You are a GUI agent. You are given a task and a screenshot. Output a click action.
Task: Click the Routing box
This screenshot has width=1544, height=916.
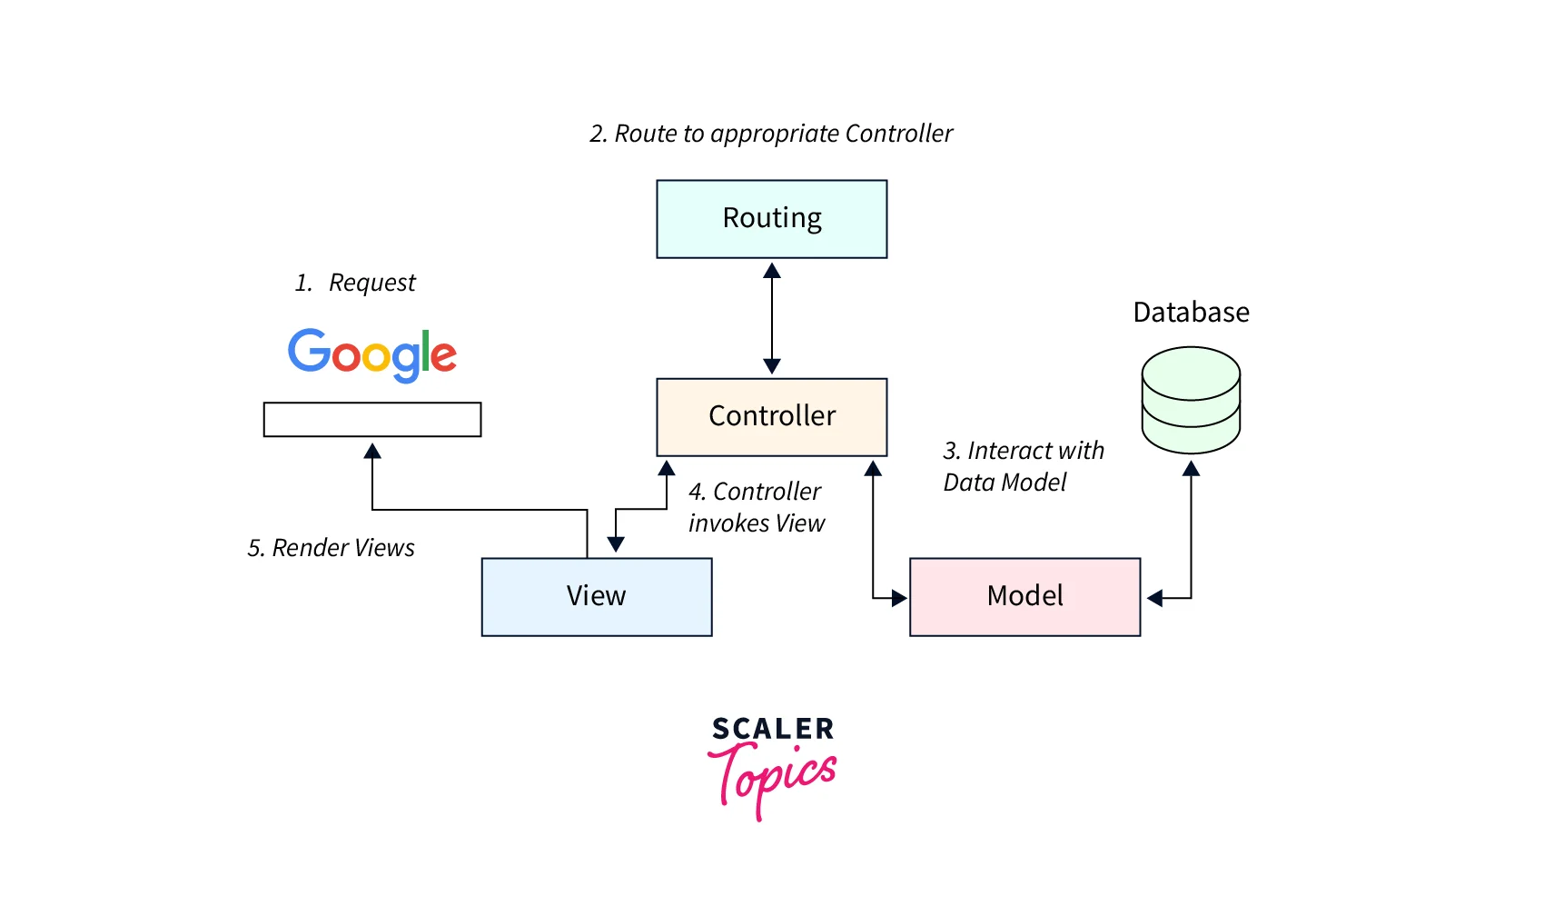pyautogui.click(x=772, y=219)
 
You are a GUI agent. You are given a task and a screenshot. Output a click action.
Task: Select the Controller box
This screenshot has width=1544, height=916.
pyautogui.click(x=772, y=417)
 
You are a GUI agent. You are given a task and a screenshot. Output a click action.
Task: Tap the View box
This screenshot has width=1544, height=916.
pyautogui.click(x=597, y=597)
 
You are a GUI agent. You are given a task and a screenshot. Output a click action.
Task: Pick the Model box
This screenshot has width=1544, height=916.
pyautogui.click(x=1024, y=597)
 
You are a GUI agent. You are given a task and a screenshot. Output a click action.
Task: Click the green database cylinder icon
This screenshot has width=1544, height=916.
pyautogui.click(x=1191, y=400)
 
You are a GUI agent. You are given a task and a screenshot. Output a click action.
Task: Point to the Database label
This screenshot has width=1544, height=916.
pyautogui.click(x=1191, y=313)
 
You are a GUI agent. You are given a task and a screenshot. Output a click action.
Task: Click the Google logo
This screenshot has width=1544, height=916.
pyautogui.click(x=372, y=354)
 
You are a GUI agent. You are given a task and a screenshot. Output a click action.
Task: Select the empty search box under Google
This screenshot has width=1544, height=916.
pyautogui.click(x=372, y=420)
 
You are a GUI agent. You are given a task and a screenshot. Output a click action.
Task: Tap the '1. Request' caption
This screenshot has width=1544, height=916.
pyautogui.click(x=355, y=283)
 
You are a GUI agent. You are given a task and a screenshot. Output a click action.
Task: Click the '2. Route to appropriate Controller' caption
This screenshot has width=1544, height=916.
pyautogui.click(x=771, y=134)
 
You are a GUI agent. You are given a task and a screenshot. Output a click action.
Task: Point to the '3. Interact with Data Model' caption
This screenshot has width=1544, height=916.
pyautogui.click(x=1024, y=466)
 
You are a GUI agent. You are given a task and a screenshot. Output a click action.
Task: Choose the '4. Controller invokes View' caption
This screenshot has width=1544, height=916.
pyautogui.click(x=756, y=507)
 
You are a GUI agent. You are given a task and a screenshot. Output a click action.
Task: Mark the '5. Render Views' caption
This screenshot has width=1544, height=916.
pyautogui.click(x=332, y=548)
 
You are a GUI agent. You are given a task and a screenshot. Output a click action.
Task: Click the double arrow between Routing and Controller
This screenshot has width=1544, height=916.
pyautogui.click(x=772, y=318)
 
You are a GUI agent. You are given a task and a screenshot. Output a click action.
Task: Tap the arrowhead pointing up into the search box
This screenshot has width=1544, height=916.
pyautogui.click(x=372, y=451)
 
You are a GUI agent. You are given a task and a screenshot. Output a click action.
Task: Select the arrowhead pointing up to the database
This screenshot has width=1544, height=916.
pyautogui.click(x=1191, y=469)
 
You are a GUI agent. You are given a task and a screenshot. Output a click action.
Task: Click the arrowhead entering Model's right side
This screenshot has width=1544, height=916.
pyautogui.click(x=1154, y=598)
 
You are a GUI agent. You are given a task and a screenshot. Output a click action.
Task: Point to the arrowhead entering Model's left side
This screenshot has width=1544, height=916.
pyautogui.click(x=899, y=598)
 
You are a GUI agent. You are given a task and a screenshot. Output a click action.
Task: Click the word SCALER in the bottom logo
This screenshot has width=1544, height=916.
pyautogui.click(x=772, y=729)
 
